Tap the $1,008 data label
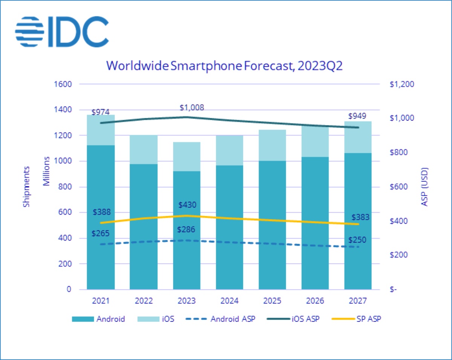[192, 108]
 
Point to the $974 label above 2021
[101, 112]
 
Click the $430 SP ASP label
[187, 205]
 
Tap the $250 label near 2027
[357, 240]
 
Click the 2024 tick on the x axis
[229, 301]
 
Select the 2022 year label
[144, 301]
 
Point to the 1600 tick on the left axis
[64, 84]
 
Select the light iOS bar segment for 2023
[187, 156]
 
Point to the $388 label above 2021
[101, 212]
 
